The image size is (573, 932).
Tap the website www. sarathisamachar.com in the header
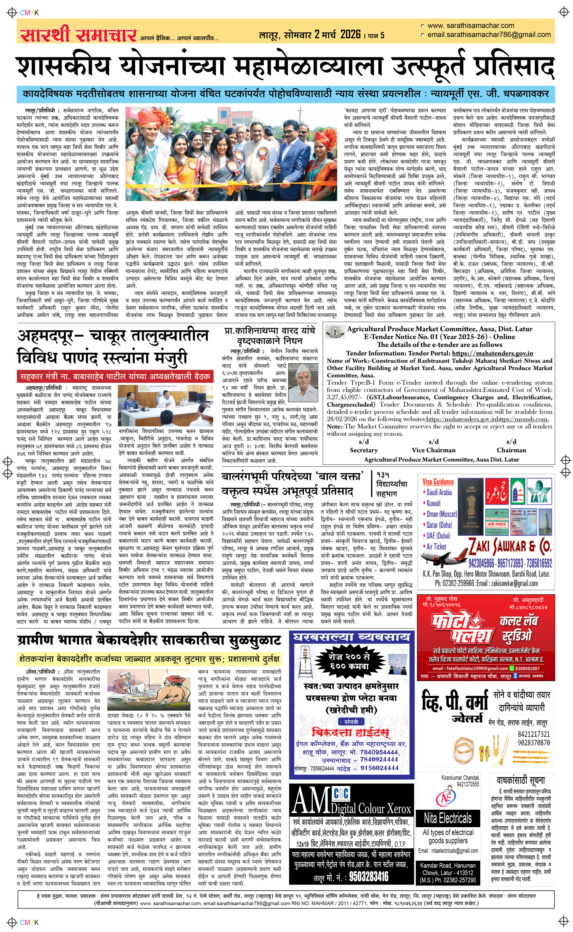pyautogui.click(x=471, y=26)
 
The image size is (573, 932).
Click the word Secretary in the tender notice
pyautogui.click(x=364, y=450)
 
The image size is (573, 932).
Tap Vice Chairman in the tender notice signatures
pyautogui.click(x=433, y=450)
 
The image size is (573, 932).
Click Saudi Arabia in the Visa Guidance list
pyautogui.click(x=439, y=493)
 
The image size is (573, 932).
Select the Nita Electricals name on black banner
pyautogui.click(x=448, y=819)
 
